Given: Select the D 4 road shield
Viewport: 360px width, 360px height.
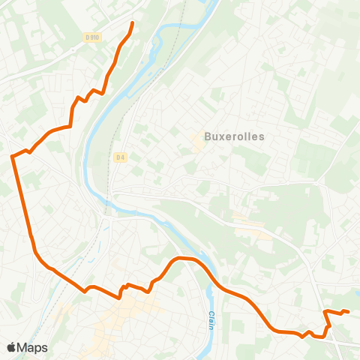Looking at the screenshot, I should (120, 157).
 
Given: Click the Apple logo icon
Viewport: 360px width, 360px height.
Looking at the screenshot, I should (12, 347).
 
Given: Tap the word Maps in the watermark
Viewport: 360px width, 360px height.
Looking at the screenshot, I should (33, 348).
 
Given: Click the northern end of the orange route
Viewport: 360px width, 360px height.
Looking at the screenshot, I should (133, 23).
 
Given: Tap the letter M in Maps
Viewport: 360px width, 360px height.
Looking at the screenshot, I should (24, 348).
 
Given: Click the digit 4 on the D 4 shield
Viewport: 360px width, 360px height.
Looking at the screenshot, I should (122, 157).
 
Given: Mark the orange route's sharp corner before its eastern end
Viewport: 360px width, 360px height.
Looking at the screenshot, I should (324, 310).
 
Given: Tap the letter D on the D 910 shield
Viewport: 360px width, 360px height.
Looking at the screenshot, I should (88, 37).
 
